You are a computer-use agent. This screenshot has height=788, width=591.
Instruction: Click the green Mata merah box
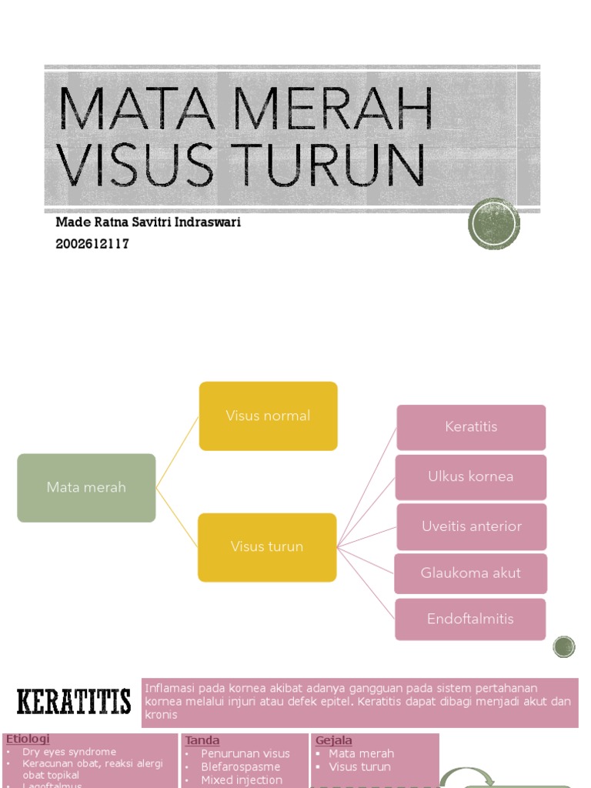click(86, 487)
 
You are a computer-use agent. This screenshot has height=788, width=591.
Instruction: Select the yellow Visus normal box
click(268, 416)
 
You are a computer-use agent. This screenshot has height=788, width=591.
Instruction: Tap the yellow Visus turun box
click(267, 546)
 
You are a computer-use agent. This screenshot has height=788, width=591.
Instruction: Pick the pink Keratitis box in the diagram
click(471, 427)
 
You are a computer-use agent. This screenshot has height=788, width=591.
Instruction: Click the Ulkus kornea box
click(470, 476)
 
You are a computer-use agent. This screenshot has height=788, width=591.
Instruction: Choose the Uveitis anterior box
click(471, 526)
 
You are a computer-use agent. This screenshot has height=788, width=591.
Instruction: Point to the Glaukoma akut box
click(470, 573)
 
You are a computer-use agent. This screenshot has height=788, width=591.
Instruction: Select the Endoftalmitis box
click(470, 619)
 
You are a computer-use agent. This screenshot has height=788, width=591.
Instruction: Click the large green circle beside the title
click(493, 224)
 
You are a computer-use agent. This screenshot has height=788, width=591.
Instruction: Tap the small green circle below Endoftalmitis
click(564, 646)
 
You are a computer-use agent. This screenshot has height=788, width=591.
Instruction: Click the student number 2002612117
click(92, 244)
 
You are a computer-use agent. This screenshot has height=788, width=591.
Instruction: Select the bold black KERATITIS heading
click(74, 702)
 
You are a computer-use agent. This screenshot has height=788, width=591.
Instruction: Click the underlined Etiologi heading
click(28, 740)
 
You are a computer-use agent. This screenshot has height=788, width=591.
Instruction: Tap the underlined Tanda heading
click(202, 740)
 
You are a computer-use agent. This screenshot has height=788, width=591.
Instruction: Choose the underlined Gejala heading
click(334, 740)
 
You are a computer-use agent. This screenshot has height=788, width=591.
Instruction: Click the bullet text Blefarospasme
click(240, 766)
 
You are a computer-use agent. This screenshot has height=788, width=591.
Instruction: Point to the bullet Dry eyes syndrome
click(69, 752)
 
